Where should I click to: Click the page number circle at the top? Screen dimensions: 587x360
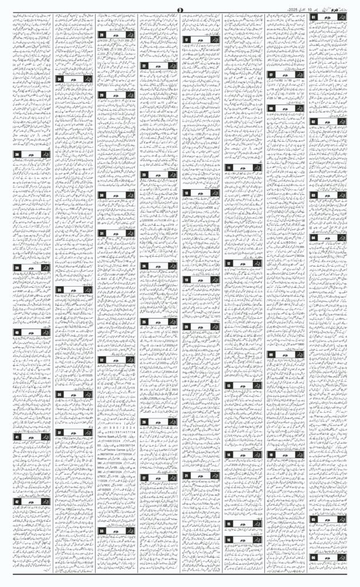pyautogui.click(x=179, y=7)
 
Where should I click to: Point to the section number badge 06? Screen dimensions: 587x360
pyautogui.click(x=314, y=557)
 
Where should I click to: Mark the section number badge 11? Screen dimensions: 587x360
pyautogui.click(x=228, y=167)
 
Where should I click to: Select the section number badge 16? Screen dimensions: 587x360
pyautogui.click(x=228, y=539)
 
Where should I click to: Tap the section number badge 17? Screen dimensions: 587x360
pyautogui.click(x=187, y=40)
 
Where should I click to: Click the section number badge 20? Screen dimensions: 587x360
pyautogui.click(x=187, y=326)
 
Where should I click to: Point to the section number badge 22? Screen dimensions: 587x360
pyautogui.click(x=144, y=66)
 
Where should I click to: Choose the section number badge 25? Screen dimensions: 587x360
pyautogui.click(x=144, y=322)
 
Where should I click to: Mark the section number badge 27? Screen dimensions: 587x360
pyautogui.click(x=144, y=477)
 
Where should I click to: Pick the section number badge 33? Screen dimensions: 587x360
pyautogui.click(x=102, y=530)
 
